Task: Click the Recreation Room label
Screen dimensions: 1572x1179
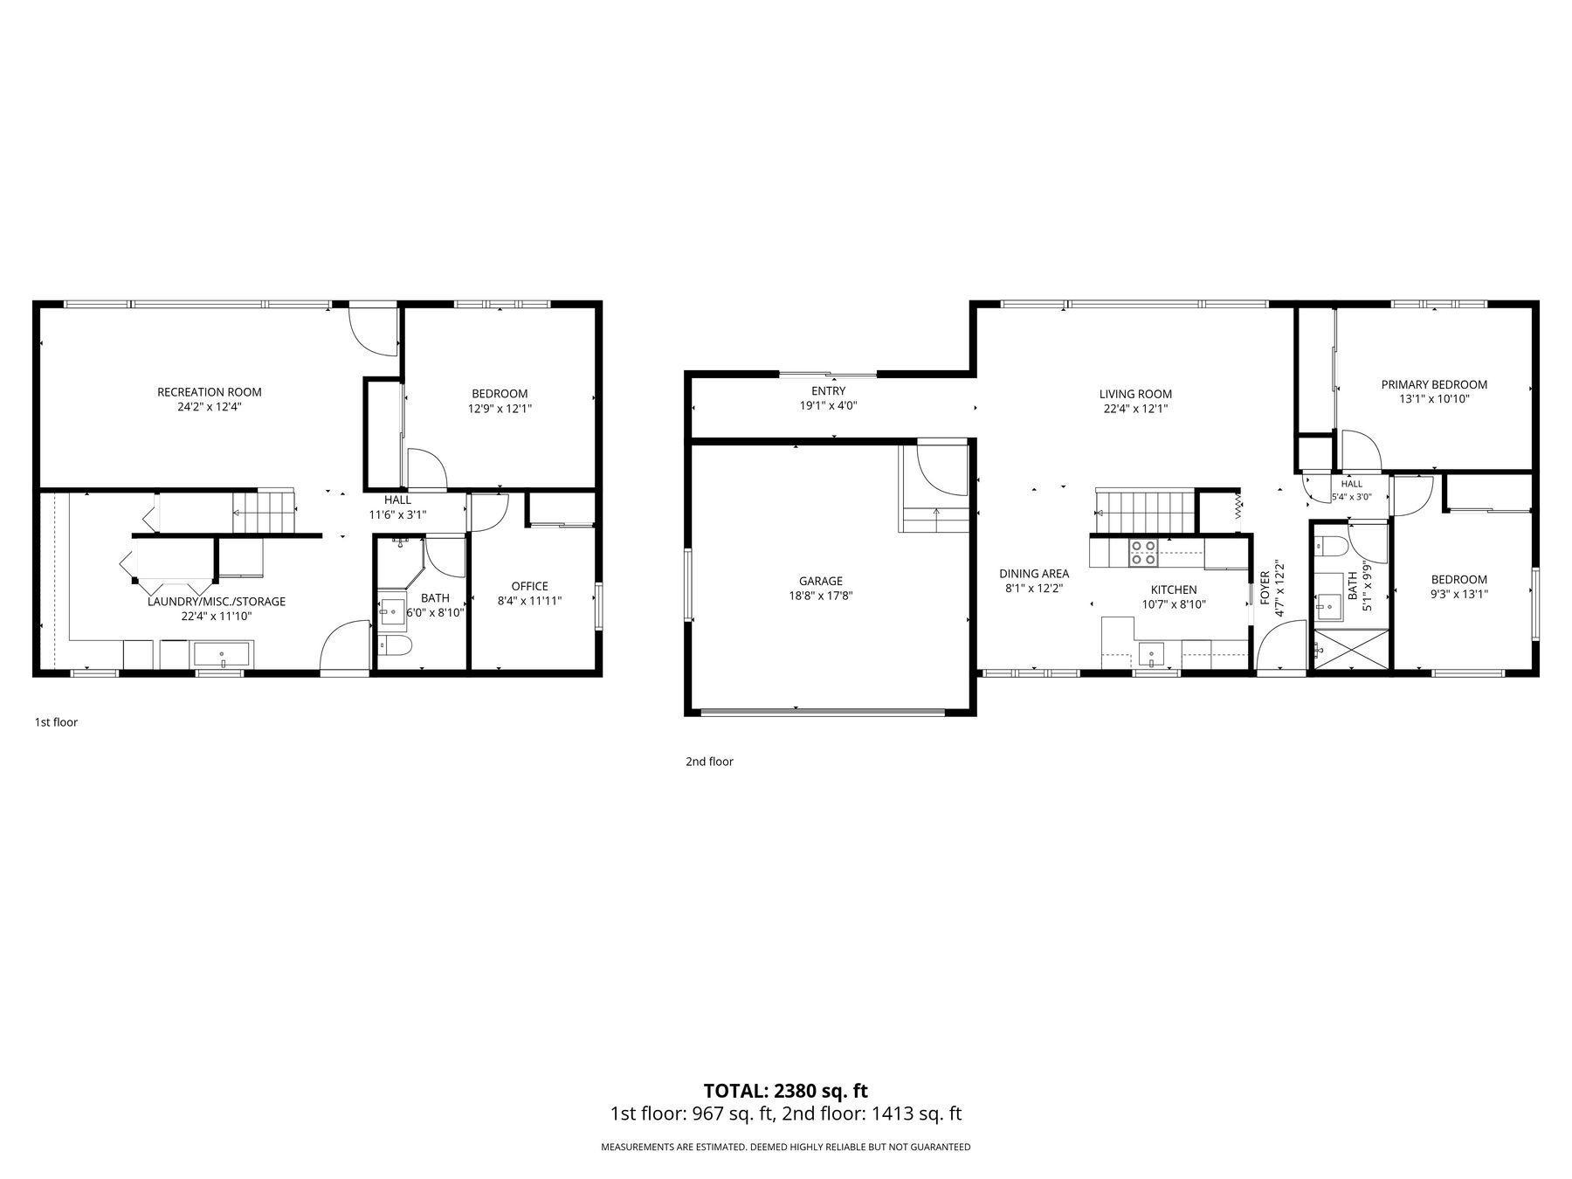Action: (x=209, y=392)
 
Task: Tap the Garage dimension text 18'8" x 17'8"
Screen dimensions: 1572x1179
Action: (x=821, y=596)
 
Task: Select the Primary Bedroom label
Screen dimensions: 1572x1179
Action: (x=1434, y=384)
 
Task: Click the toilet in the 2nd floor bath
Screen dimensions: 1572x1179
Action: (x=1331, y=546)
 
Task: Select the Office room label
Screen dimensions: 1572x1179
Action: (x=529, y=586)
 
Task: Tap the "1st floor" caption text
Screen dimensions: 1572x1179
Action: (x=56, y=722)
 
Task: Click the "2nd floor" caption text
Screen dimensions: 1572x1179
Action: (x=709, y=762)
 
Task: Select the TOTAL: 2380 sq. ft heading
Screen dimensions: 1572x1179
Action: (x=786, y=1091)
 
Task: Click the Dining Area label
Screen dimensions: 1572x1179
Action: (x=1034, y=574)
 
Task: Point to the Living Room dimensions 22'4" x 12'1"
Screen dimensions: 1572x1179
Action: (x=1135, y=408)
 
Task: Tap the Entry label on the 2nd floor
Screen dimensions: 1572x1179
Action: (x=828, y=391)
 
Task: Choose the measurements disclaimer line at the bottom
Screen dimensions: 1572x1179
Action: (x=786, y=1147)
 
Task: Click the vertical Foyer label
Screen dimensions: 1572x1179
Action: (x=1265, y=589)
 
